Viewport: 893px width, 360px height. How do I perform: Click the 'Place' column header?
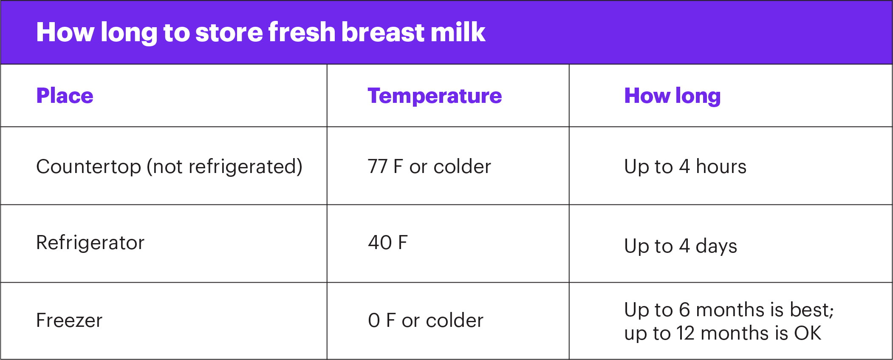pyautogui.click(x=65, y=96)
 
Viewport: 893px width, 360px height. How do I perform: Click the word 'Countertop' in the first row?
pyautogui.click(x=89, y=167)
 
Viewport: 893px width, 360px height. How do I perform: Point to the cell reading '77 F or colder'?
pyautogui.click(x=430, y=167)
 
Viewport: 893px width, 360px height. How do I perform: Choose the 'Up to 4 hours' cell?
pyautogui.click(x=685, y=167)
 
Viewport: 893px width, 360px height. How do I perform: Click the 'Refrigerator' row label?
pyautogui.click(x=90, y=243)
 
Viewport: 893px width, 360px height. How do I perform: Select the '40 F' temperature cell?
pyautogui.click(x=388, y=243)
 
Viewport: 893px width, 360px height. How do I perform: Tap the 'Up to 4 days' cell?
pyautogui.click(x=681, y=246)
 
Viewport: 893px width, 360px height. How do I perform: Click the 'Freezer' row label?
pyautogui.click(x=69, y=320)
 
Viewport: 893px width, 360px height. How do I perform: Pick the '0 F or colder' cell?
pyautogui.click(x=426, y=320)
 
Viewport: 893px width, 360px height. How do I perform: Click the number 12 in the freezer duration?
pyautogui.click(x=685, y=333)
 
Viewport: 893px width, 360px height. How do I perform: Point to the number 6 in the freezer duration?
pyautogui.click(x=684, y=310)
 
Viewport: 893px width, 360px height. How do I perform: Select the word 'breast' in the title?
pyautogui.click(x=382, y=32)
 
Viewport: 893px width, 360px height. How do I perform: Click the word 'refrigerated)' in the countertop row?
pyautogui.click(x=245, y=167)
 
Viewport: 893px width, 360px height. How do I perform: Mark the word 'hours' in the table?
pyautogui.click(x=721, y=167)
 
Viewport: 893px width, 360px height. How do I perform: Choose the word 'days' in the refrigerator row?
pyautogui.click(x=716, y=246)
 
